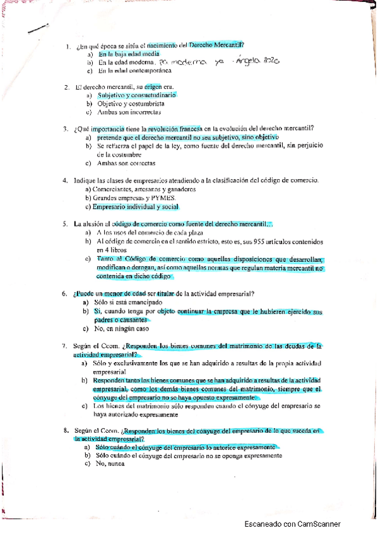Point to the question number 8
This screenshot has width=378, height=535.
[66, 430]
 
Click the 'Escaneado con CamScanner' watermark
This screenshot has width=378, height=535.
[292, 524]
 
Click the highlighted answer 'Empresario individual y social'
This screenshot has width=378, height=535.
[135, 207]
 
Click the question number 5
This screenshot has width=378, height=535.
[66, 223]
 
